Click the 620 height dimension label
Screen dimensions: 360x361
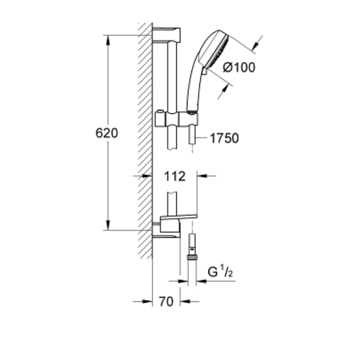coord(106,133)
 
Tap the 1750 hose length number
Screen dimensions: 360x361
coord(224,138)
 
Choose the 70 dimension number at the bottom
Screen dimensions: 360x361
coord(167,302)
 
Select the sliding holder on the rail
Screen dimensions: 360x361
coord(177,120)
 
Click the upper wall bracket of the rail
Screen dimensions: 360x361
coord(166,34)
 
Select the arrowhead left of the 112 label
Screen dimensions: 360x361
coord(148,176)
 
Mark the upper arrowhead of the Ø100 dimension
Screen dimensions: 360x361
coord(256,45)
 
